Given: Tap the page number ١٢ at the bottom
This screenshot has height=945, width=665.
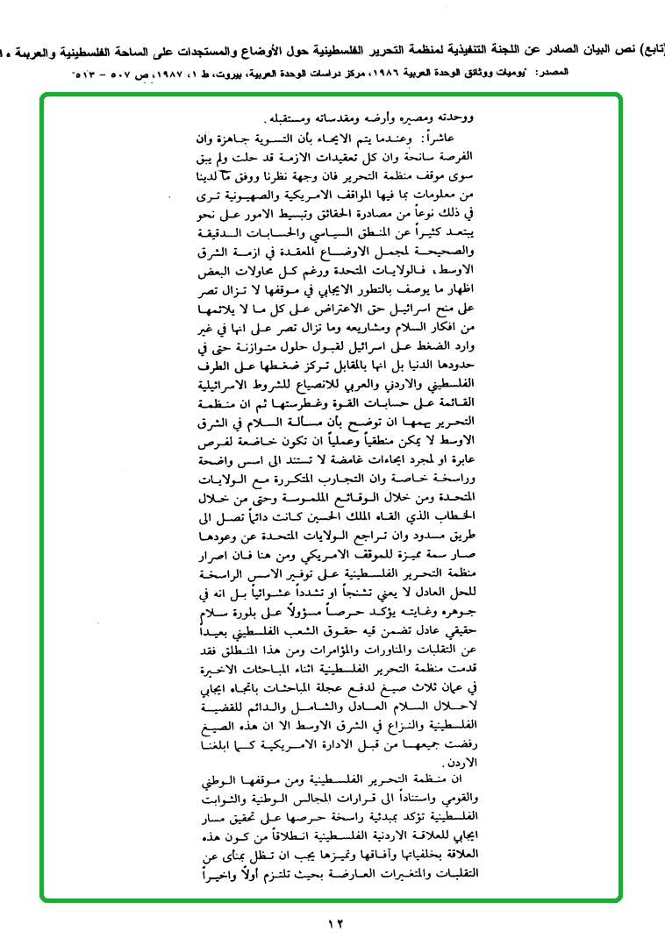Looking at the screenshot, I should (x=335, y=921).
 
